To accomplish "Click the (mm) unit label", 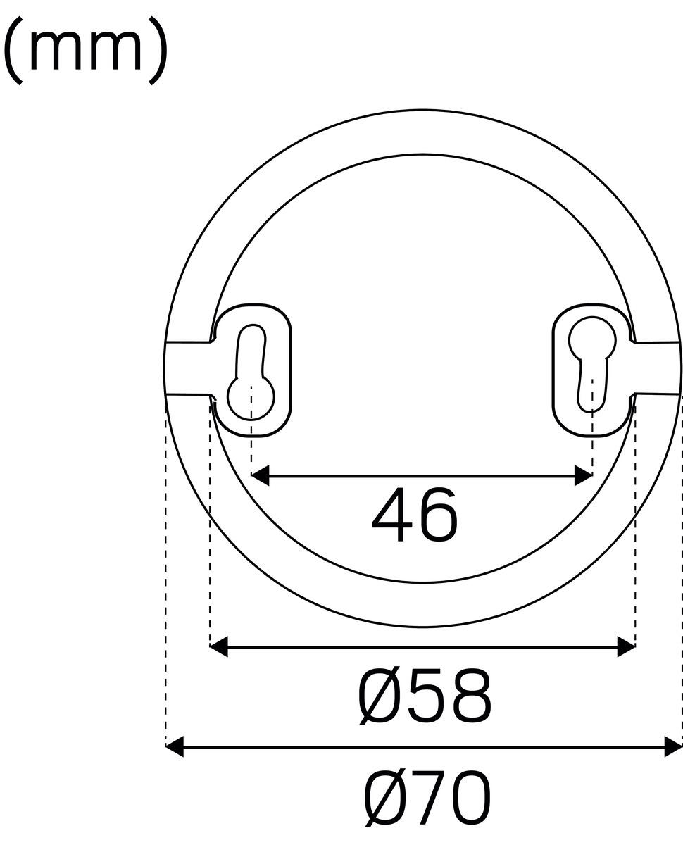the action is tap(85, 51).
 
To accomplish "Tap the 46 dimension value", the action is tap(415, 515).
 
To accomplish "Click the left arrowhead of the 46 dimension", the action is tap(261, 475).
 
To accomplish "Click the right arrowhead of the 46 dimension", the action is tap(583, 475).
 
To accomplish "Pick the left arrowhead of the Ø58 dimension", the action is tap(219, 646).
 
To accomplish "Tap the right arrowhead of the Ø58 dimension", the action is tap(626, 646).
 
